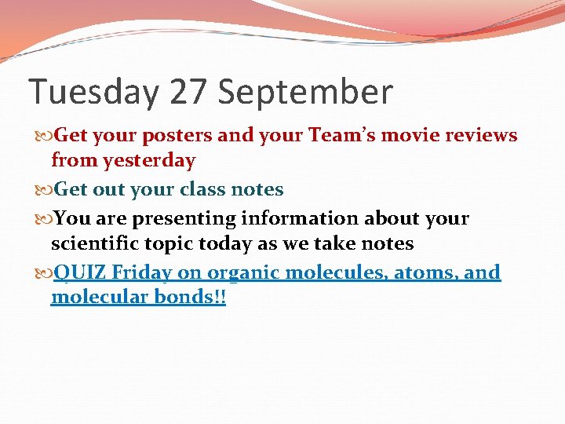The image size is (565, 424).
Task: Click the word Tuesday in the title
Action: pyautogui.click(x=93, y=93)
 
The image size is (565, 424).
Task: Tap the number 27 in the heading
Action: pyautogui.click(x=188, y=93)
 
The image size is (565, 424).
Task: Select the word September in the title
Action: pyautogui.click(x=305, y=93)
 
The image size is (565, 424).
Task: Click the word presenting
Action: pyautogui.click(x=187, y=218)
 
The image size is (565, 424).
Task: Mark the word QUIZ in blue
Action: pyautogui.click(x=81, y=273)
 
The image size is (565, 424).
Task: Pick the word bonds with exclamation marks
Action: pyautogui.click(x=195, y=298)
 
